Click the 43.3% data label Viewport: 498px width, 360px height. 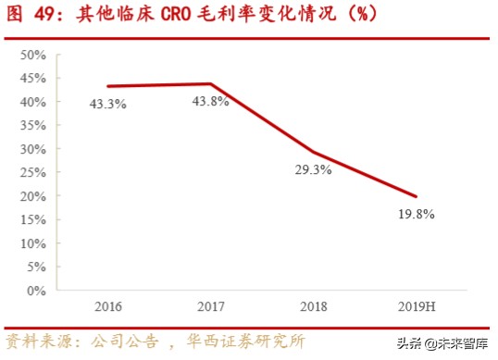(108, 105)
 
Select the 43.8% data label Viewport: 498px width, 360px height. (211, 101)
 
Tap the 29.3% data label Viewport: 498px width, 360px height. (314, 170)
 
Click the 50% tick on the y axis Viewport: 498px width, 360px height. (32, 55)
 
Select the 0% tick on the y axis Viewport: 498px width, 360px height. (36, 291)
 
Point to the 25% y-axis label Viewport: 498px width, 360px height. (32, 173)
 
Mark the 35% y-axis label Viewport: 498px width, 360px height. (32, 126)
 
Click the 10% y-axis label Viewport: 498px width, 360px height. (32, 243)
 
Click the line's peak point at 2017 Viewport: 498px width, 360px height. (211, 83)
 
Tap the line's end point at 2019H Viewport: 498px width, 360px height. (416, 196)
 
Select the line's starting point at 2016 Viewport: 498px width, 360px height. (108, 86)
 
